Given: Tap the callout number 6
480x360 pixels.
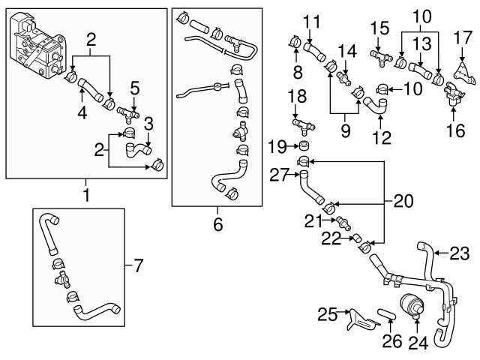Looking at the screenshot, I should tap(217, 223).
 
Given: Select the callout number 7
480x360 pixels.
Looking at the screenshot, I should tap(136, 265).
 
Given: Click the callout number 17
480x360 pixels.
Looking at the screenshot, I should tap(464, 36).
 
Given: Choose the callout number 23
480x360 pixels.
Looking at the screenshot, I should tap(459, 253).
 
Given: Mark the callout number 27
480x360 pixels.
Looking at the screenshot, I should tap(280, 175).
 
